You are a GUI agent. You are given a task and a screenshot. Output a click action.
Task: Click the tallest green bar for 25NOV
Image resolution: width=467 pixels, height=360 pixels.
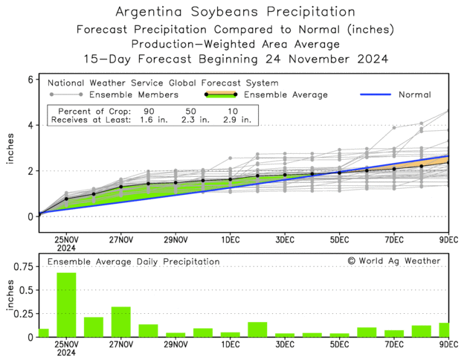point(66,305)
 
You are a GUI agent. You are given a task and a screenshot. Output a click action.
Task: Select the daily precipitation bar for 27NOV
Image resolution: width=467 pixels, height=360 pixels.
point(120,321)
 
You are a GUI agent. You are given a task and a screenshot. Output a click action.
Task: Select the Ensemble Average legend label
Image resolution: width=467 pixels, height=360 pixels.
point(285,95)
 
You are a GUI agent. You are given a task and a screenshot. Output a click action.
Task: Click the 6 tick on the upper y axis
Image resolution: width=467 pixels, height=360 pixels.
point(30,80)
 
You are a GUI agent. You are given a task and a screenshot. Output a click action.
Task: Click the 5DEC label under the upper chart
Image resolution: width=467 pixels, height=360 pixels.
point(339,240)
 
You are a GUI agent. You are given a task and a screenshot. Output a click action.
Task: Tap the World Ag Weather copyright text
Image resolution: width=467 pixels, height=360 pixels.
point(393,261)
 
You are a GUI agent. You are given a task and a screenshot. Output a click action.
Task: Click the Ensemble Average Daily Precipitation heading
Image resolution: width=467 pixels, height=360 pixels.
point(134,262)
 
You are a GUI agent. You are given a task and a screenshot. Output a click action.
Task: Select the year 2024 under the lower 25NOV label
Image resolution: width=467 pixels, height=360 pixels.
point(66,354)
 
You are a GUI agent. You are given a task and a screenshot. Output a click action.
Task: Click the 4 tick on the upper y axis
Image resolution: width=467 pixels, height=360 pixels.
point(30,126)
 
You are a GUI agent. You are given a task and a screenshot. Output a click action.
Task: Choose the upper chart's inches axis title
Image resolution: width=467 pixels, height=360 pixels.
point(10,148)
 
